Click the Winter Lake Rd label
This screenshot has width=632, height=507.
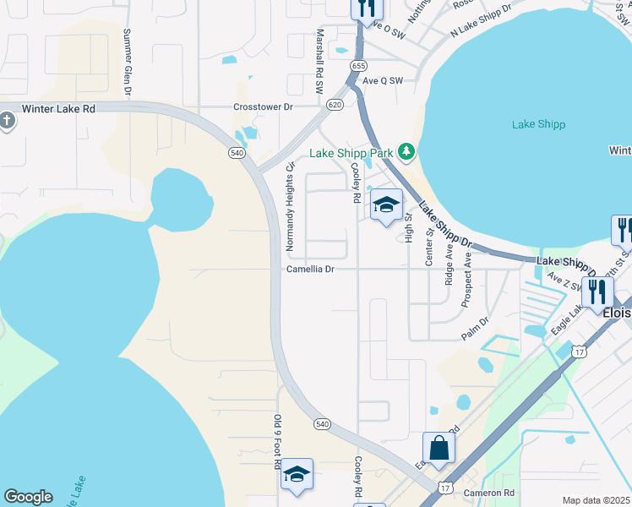click(x=58, y=109)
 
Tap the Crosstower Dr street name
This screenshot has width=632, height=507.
click(x=263, y=107)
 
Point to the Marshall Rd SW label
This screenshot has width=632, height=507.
click(x=320, y=60)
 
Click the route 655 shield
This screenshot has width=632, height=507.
click(x=359, y=65)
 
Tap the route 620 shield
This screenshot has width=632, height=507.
click(x=335, y=105)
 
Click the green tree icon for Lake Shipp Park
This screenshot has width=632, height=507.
click(x=407, y=151)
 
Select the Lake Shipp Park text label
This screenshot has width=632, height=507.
click(x=351, y=153)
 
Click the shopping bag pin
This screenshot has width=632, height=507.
click(x=439, y=448)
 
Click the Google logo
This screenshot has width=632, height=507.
click(x=28, y=497)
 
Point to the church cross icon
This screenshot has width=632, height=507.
click(x=7, y=121)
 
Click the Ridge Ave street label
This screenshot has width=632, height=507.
click(x=449, y=265)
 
